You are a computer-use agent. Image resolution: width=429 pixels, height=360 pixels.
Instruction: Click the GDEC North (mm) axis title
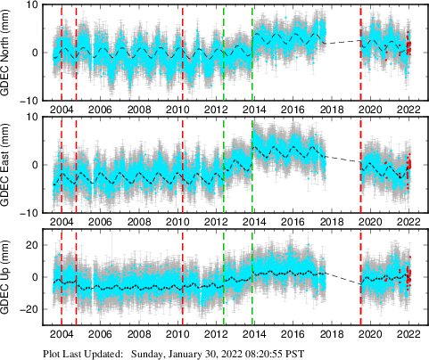tap(11, 53)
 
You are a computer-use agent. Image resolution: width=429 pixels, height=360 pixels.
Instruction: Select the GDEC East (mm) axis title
tap(11, 165)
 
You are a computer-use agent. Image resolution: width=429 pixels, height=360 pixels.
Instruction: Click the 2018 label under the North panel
tap(331, 110)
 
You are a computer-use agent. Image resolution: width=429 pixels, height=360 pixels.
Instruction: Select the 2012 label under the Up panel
tap(215, 334)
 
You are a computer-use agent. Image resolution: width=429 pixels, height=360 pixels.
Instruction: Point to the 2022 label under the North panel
tap(408, 110)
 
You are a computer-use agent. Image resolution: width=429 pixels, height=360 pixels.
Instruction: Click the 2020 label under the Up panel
tap(369, 334)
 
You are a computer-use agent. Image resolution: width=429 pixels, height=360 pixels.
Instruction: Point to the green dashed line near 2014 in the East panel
tap(253, 165)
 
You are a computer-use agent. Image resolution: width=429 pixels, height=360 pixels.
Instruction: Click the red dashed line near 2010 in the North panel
tap(182, 53)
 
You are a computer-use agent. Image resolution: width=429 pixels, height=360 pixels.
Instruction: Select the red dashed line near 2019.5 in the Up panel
tap(360, 277)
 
